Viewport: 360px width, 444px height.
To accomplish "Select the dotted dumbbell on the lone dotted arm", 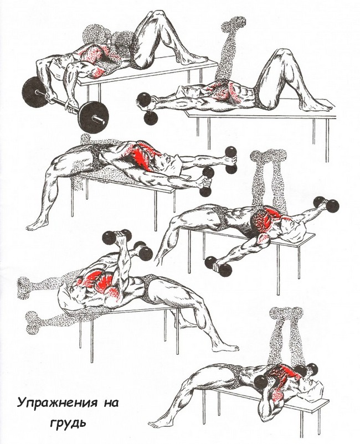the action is click(233, 24).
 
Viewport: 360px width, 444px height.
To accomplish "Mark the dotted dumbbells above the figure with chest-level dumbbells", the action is click(285, 313).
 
